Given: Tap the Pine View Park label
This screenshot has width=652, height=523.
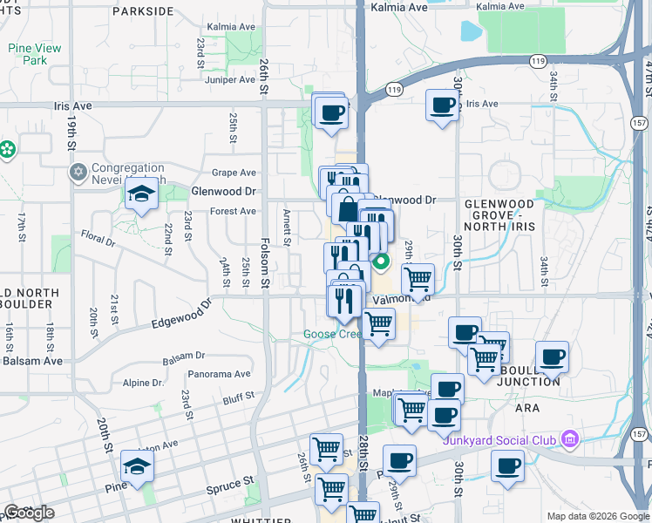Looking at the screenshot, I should [x=34, y=54].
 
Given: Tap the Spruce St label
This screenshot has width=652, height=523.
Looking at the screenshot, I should [x=234, y=480].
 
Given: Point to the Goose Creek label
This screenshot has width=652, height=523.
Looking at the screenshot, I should [x=330, y=334].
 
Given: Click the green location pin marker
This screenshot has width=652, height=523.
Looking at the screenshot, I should [x=381, y=260].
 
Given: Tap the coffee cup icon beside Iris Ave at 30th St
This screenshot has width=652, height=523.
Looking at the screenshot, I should [x=443, y=105].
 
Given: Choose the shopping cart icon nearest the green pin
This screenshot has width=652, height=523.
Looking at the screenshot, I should [x=418, y=279].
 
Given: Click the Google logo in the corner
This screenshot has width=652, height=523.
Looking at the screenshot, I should [x=29, y=513].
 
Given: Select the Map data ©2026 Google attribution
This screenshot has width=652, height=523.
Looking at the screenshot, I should [x=598, y=516].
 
